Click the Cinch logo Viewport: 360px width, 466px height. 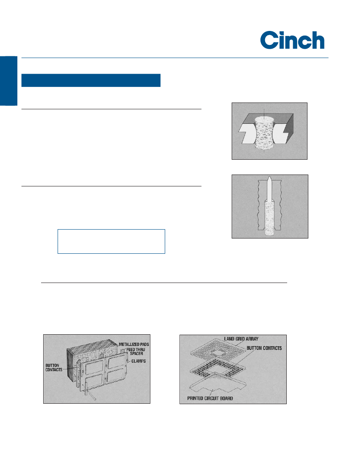tap(292, 40)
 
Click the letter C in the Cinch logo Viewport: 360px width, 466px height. tap(269, 40)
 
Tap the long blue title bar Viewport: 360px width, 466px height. tap(91, 80)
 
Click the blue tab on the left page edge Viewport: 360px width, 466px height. tap(8, 80)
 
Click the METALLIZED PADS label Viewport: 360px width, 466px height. tap(134, 344)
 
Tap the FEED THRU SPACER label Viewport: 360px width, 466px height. tap(136, 352)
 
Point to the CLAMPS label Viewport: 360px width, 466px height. tap(139, 361)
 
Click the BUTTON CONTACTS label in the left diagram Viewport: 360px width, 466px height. tap(54, 368)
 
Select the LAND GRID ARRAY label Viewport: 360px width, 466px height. tap(241, 339)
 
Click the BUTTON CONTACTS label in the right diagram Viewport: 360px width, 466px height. tap(264, 348)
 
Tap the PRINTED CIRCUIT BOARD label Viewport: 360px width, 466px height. tap(210, 398)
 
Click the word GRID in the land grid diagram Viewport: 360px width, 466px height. tap(240, 339)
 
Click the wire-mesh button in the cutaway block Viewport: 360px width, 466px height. tap(264, 133)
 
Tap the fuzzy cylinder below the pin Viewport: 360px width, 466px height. tap(269, 218)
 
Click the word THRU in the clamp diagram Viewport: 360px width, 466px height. tap(141, 349)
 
